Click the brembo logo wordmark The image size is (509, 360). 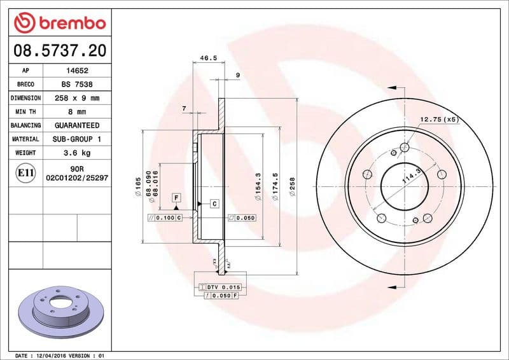tap(60, 24)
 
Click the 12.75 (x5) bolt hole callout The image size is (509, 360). tap(439, 119)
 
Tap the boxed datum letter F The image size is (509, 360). tap(176, 197)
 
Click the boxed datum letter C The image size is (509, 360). tap(214, 204)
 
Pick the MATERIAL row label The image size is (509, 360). tap(25, 139)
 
